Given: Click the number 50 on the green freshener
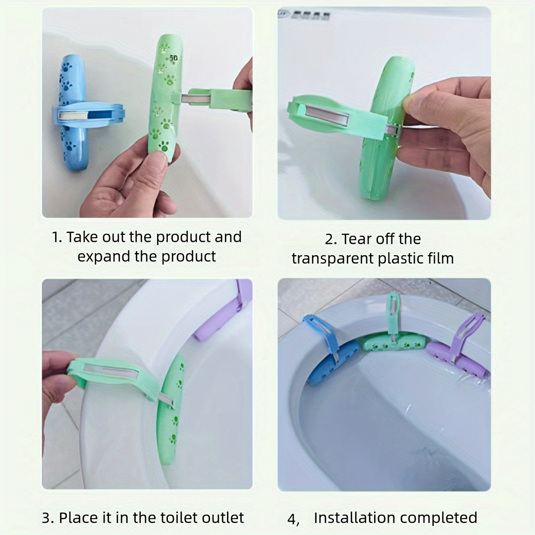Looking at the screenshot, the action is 174,58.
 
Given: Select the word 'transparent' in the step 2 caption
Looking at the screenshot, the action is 333,259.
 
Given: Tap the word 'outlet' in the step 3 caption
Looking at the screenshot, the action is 223,518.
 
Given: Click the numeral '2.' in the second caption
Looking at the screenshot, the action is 331,239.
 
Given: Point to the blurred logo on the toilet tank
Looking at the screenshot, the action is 305,15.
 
